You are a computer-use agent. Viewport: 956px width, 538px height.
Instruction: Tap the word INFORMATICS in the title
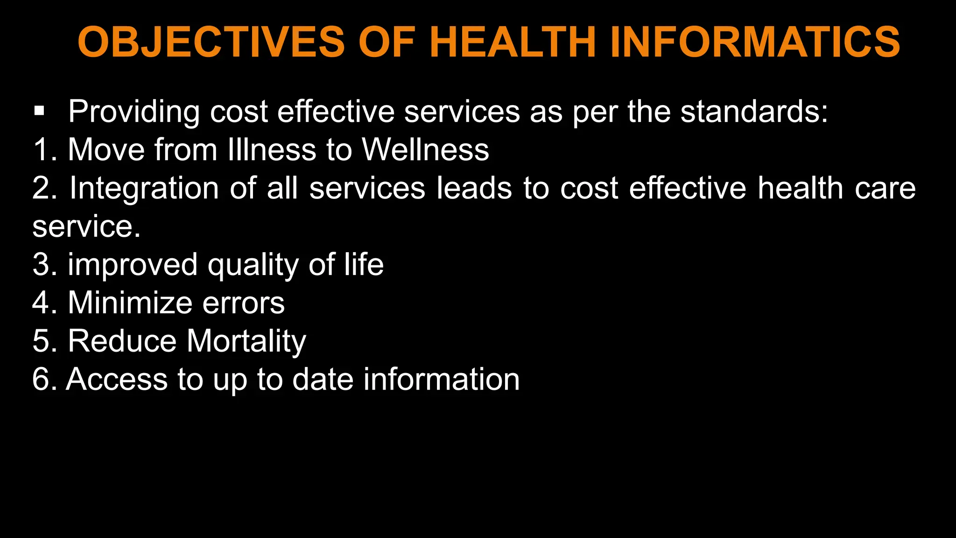[755, 42]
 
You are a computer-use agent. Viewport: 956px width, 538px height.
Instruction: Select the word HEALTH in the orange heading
[513, 42]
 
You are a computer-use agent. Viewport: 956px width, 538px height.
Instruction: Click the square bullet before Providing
[39, 111]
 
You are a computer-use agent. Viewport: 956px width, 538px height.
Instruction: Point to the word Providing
[134, 112]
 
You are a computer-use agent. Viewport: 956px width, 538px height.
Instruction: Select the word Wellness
[425, 150]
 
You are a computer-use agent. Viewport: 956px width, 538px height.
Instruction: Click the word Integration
[144, 189]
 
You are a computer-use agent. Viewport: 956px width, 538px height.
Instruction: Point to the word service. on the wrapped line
[86, 227]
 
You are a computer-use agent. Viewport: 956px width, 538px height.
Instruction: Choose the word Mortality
[246, 341]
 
